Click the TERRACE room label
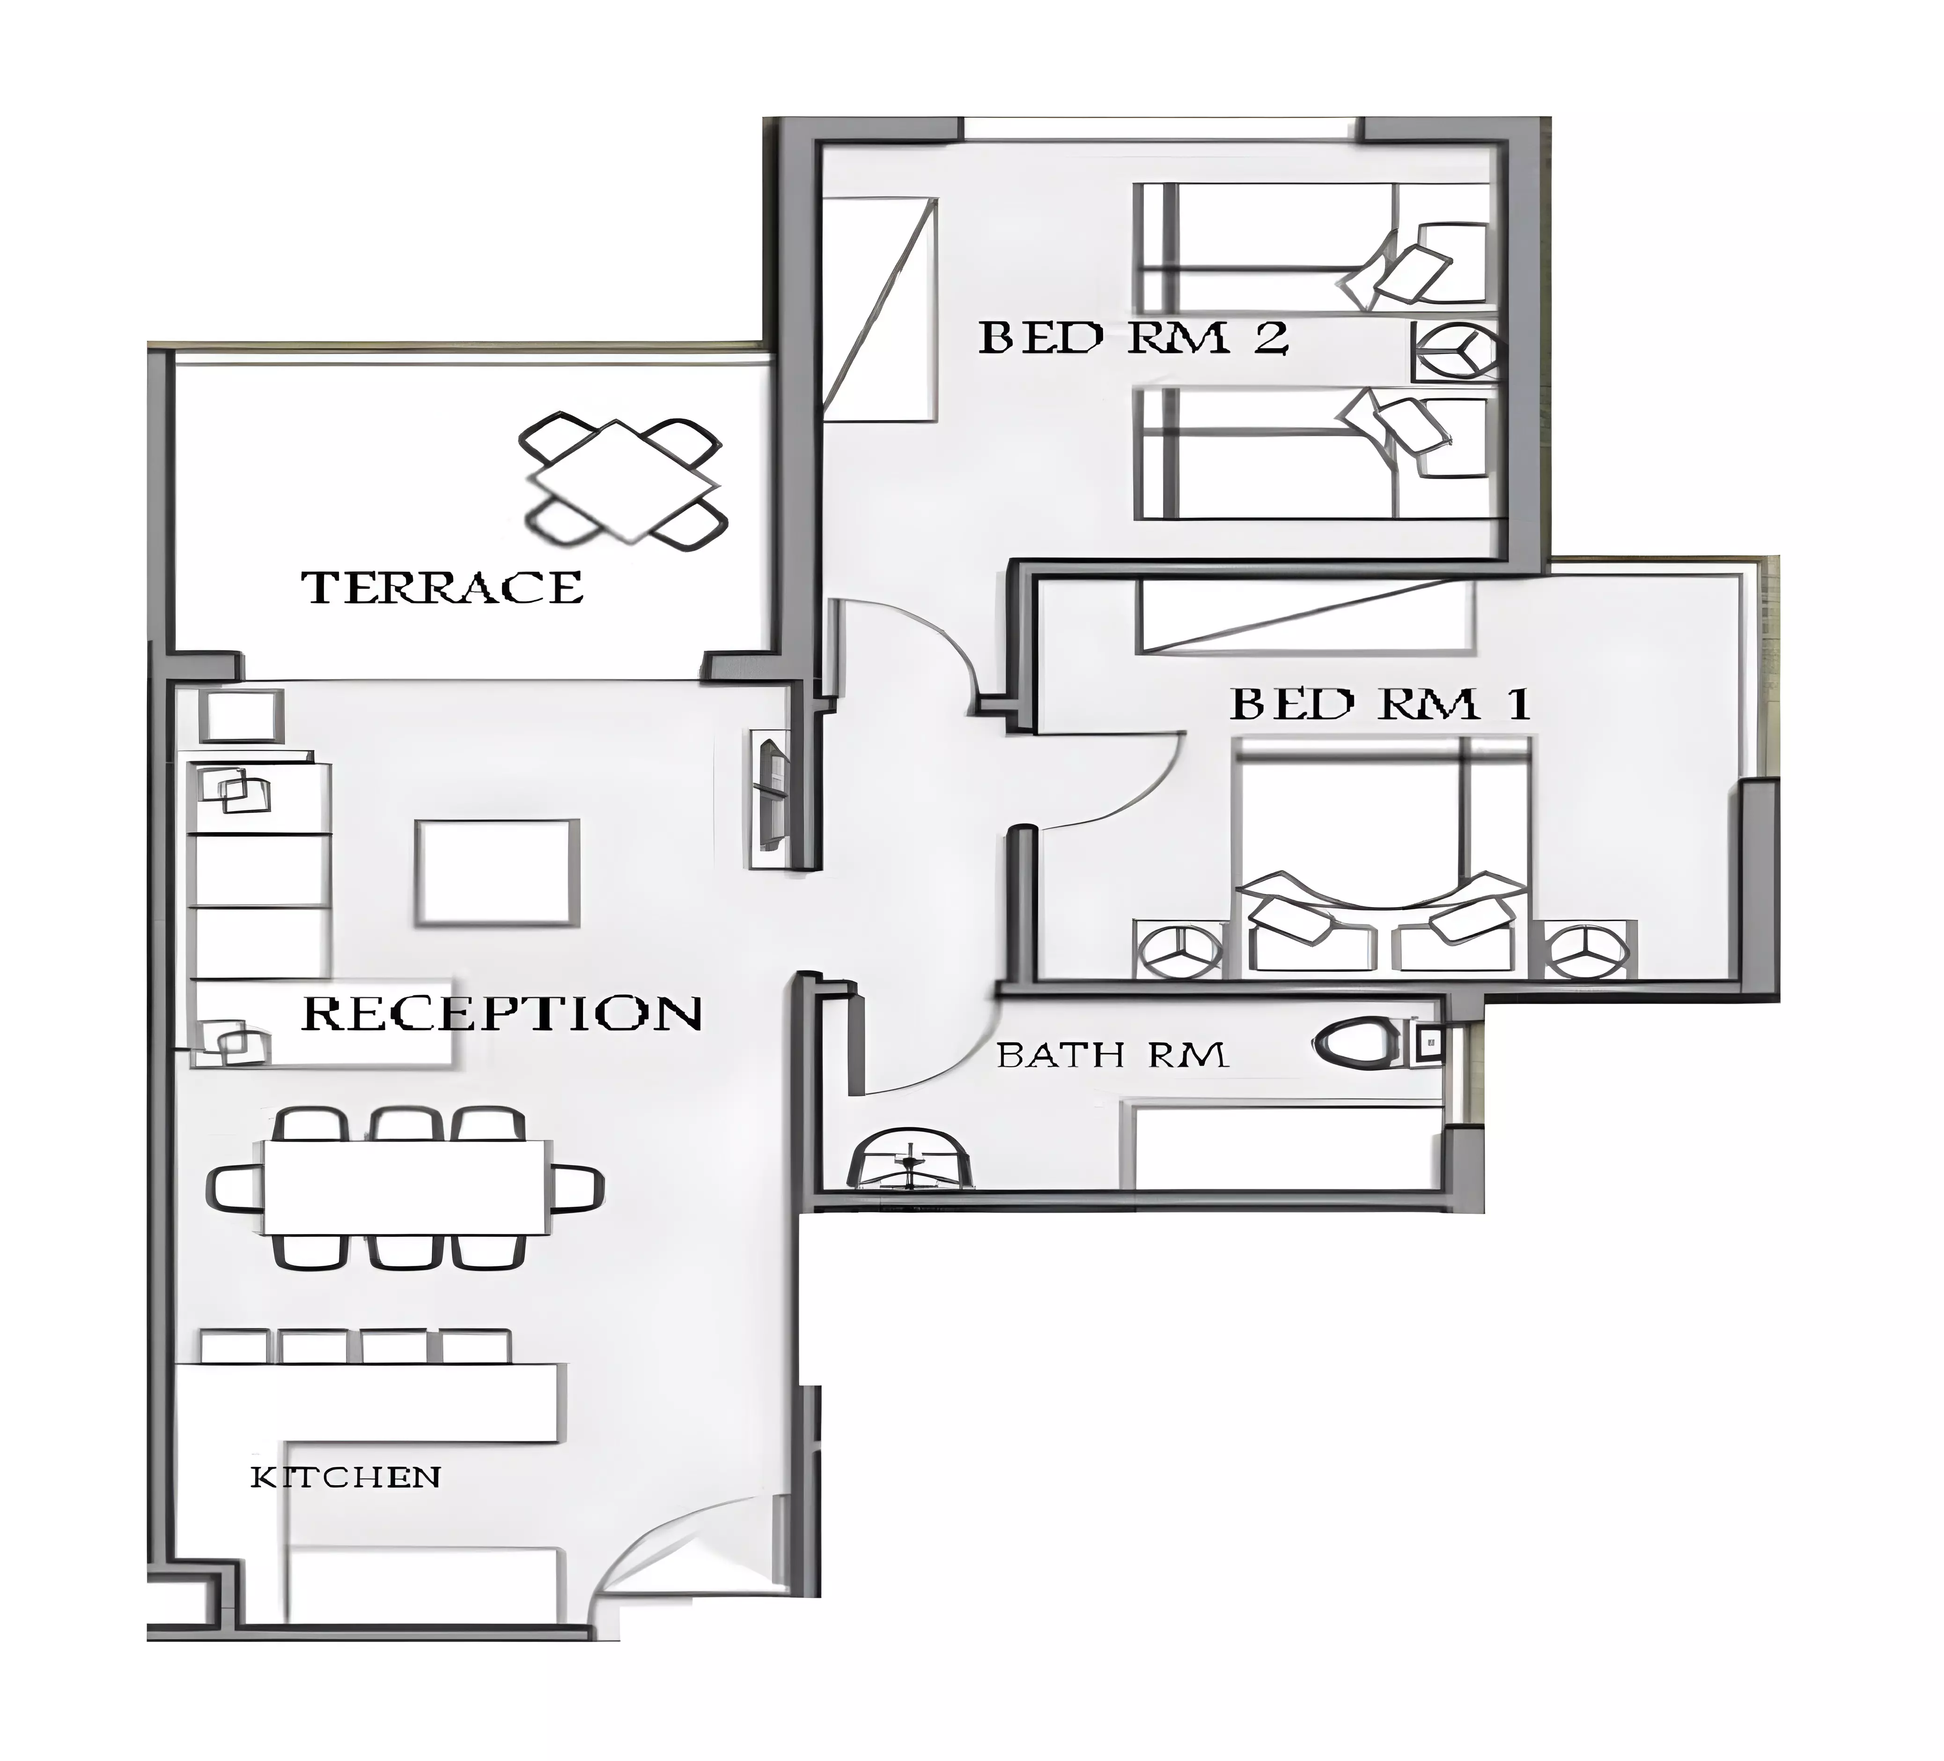click(442, 587)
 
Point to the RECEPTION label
click(501, 1013)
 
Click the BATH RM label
click(1112, 1055)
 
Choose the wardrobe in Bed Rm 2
click(879, 310)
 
